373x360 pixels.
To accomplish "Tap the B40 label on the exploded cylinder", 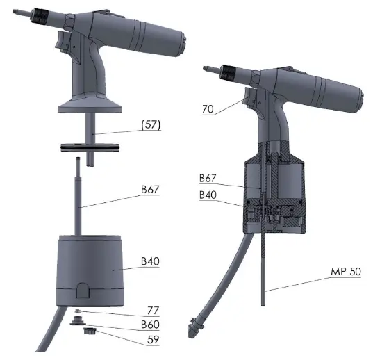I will coord(150,261).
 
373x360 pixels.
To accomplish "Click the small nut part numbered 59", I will coord(88,332).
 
